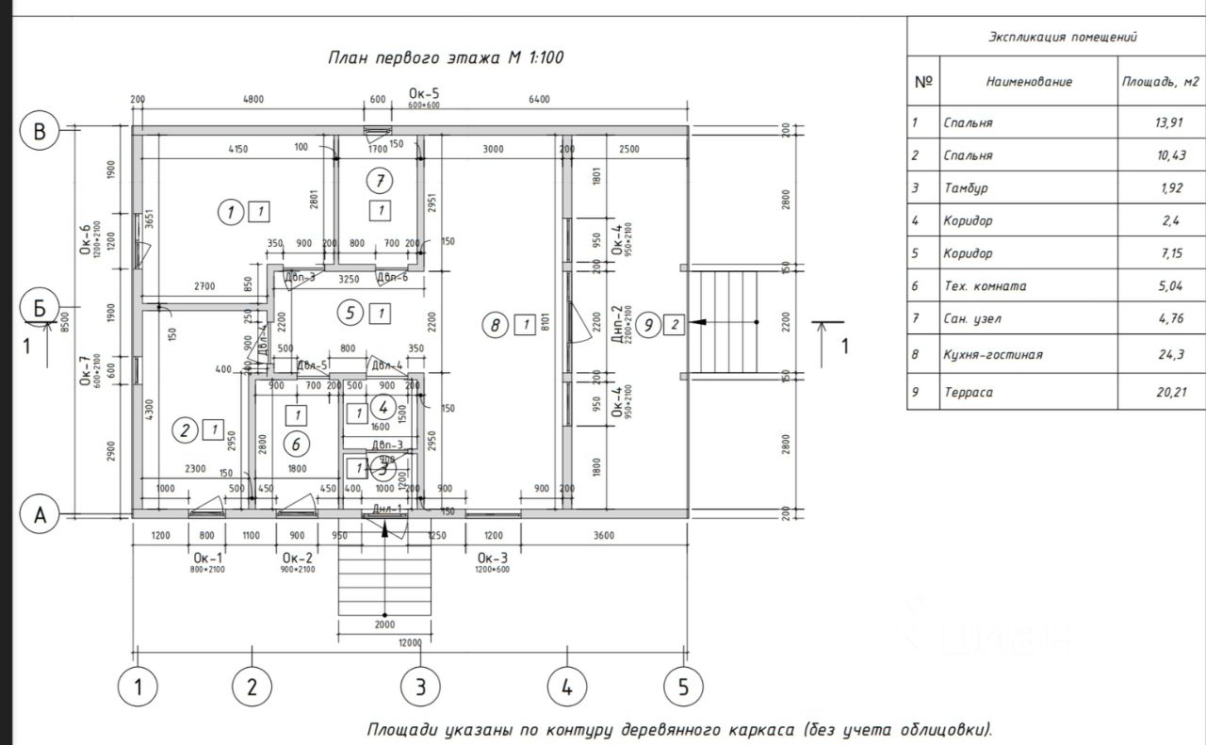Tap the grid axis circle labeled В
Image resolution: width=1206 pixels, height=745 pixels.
[x=40, y=131]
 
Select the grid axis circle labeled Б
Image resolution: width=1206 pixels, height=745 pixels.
[x=40, y=308]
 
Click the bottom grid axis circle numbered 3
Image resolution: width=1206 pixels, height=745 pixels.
[x=420, y=688]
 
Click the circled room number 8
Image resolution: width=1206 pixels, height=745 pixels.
[x=496, y=326]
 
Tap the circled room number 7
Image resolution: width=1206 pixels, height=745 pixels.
[x=380, y=180]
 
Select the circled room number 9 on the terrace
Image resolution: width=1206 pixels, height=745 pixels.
[x=647, y=326]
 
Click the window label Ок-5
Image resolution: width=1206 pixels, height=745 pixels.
[x=424, y=93]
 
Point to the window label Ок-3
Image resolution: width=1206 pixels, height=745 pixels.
[x=492, y=558]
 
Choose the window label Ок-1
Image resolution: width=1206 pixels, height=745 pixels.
[x=207, y=558]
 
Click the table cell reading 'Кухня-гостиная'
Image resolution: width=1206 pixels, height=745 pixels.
[x=992, y=355]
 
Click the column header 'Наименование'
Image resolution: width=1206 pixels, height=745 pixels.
[x=1029, y=82]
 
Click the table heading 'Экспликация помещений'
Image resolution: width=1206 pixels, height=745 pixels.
[x=1062, y=38]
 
